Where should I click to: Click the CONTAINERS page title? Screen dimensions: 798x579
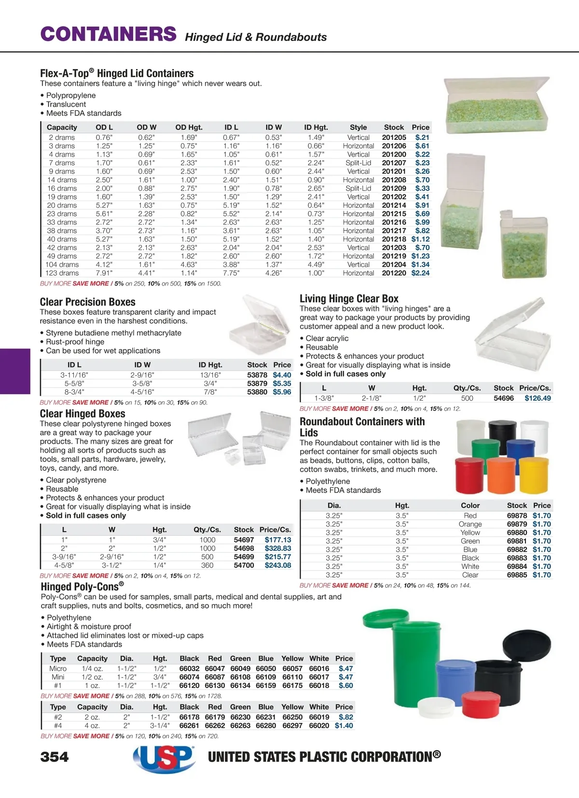pos(109,34)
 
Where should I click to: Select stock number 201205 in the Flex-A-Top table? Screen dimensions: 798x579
pos(394,137)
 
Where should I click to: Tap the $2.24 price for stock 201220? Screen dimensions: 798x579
pos(420,273)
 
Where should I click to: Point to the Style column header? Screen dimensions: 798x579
pos(358,127)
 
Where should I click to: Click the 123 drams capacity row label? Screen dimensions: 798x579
pos(62,273)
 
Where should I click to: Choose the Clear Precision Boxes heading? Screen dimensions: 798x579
pos(87,302)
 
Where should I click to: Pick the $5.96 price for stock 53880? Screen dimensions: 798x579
pos(282,392)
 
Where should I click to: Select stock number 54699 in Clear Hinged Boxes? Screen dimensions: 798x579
pos(244,557)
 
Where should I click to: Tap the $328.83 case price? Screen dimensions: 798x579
pos(277,548)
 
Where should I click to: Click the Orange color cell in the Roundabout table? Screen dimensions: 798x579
pos(470,524)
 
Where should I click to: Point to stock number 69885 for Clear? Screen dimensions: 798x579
pos(517,575)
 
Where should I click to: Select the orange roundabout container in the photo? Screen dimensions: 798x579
pos(501,475)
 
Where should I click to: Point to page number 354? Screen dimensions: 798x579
pos(55,757)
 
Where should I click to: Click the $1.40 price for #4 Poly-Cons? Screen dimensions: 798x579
pos(344,726)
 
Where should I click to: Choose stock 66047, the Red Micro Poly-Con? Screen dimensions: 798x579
pos(215,669)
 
